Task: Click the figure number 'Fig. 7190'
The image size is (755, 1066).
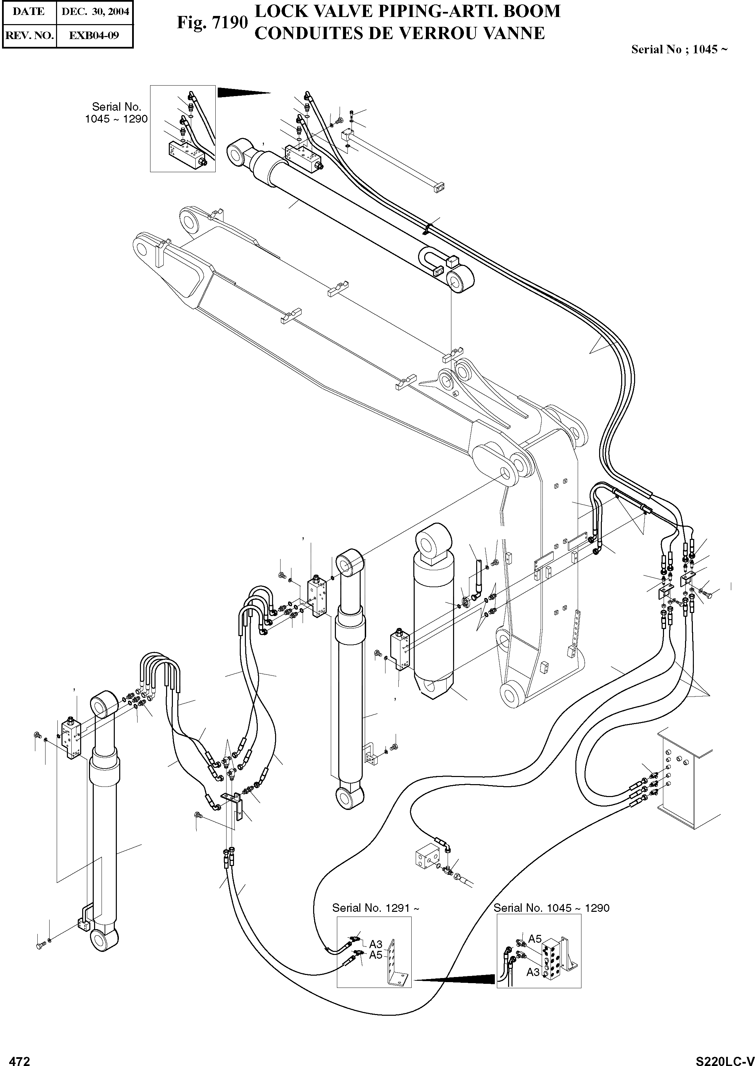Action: click(x=212, y=22)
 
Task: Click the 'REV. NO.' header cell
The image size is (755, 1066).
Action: click(x=29, y=35)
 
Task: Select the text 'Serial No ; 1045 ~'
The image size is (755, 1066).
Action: click(x=679, y=50)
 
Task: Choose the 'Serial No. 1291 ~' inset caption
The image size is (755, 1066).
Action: click(x=376, y=908)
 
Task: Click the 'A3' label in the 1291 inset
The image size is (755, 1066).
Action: click(x=376, y=944)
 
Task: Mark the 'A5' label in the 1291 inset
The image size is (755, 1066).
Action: click(x=376, y=955)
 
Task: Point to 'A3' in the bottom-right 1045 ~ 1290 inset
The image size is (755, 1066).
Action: click(x=533, y=972)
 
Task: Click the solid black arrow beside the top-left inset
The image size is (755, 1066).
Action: click(x=242, y=92)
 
